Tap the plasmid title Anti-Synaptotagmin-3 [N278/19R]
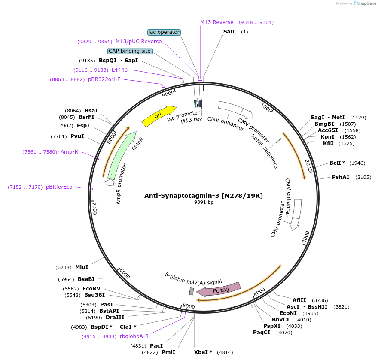(204, 196)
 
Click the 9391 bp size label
(204, 203)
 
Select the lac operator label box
(164, 32)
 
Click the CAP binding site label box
(130, 51)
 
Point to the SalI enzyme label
(229, 32)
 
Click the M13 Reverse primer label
(217, 22)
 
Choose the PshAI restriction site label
(341, 177)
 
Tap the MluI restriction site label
(82, 267)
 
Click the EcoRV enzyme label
(91, 289)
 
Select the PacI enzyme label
(156, 345)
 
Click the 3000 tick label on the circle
(306, 237)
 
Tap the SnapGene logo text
(364, 3)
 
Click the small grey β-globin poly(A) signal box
(192, 291)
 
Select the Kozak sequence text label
(265, 151)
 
